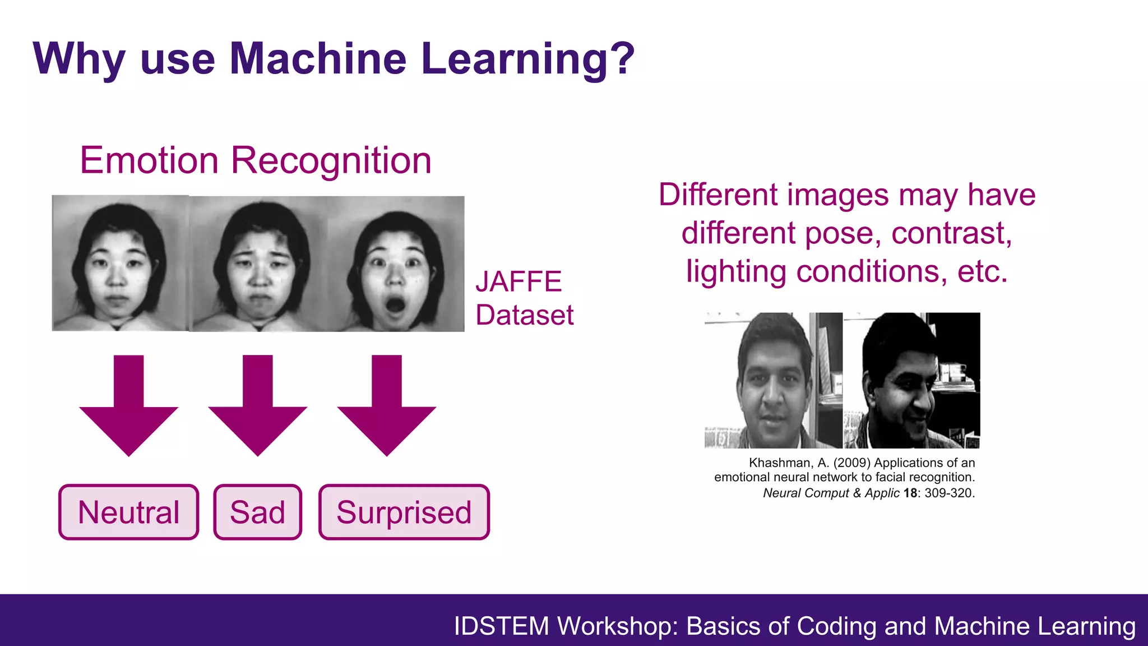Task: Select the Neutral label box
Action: coord(129,512)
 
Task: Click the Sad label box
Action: coord(258,512)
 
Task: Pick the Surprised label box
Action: coord(404,512)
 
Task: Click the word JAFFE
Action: coord(519,282)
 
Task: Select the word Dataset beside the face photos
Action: coord(524,315)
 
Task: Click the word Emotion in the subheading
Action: coord(149,160)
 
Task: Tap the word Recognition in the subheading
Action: coord(331,160)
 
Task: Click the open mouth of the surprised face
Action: coord(395,306)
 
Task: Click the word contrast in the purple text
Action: coord(951,233)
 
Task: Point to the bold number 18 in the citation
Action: coord(910,493)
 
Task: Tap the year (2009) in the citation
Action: coord(852,463)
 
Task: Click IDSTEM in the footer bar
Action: coord(501,626)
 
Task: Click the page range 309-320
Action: coord(950,493)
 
